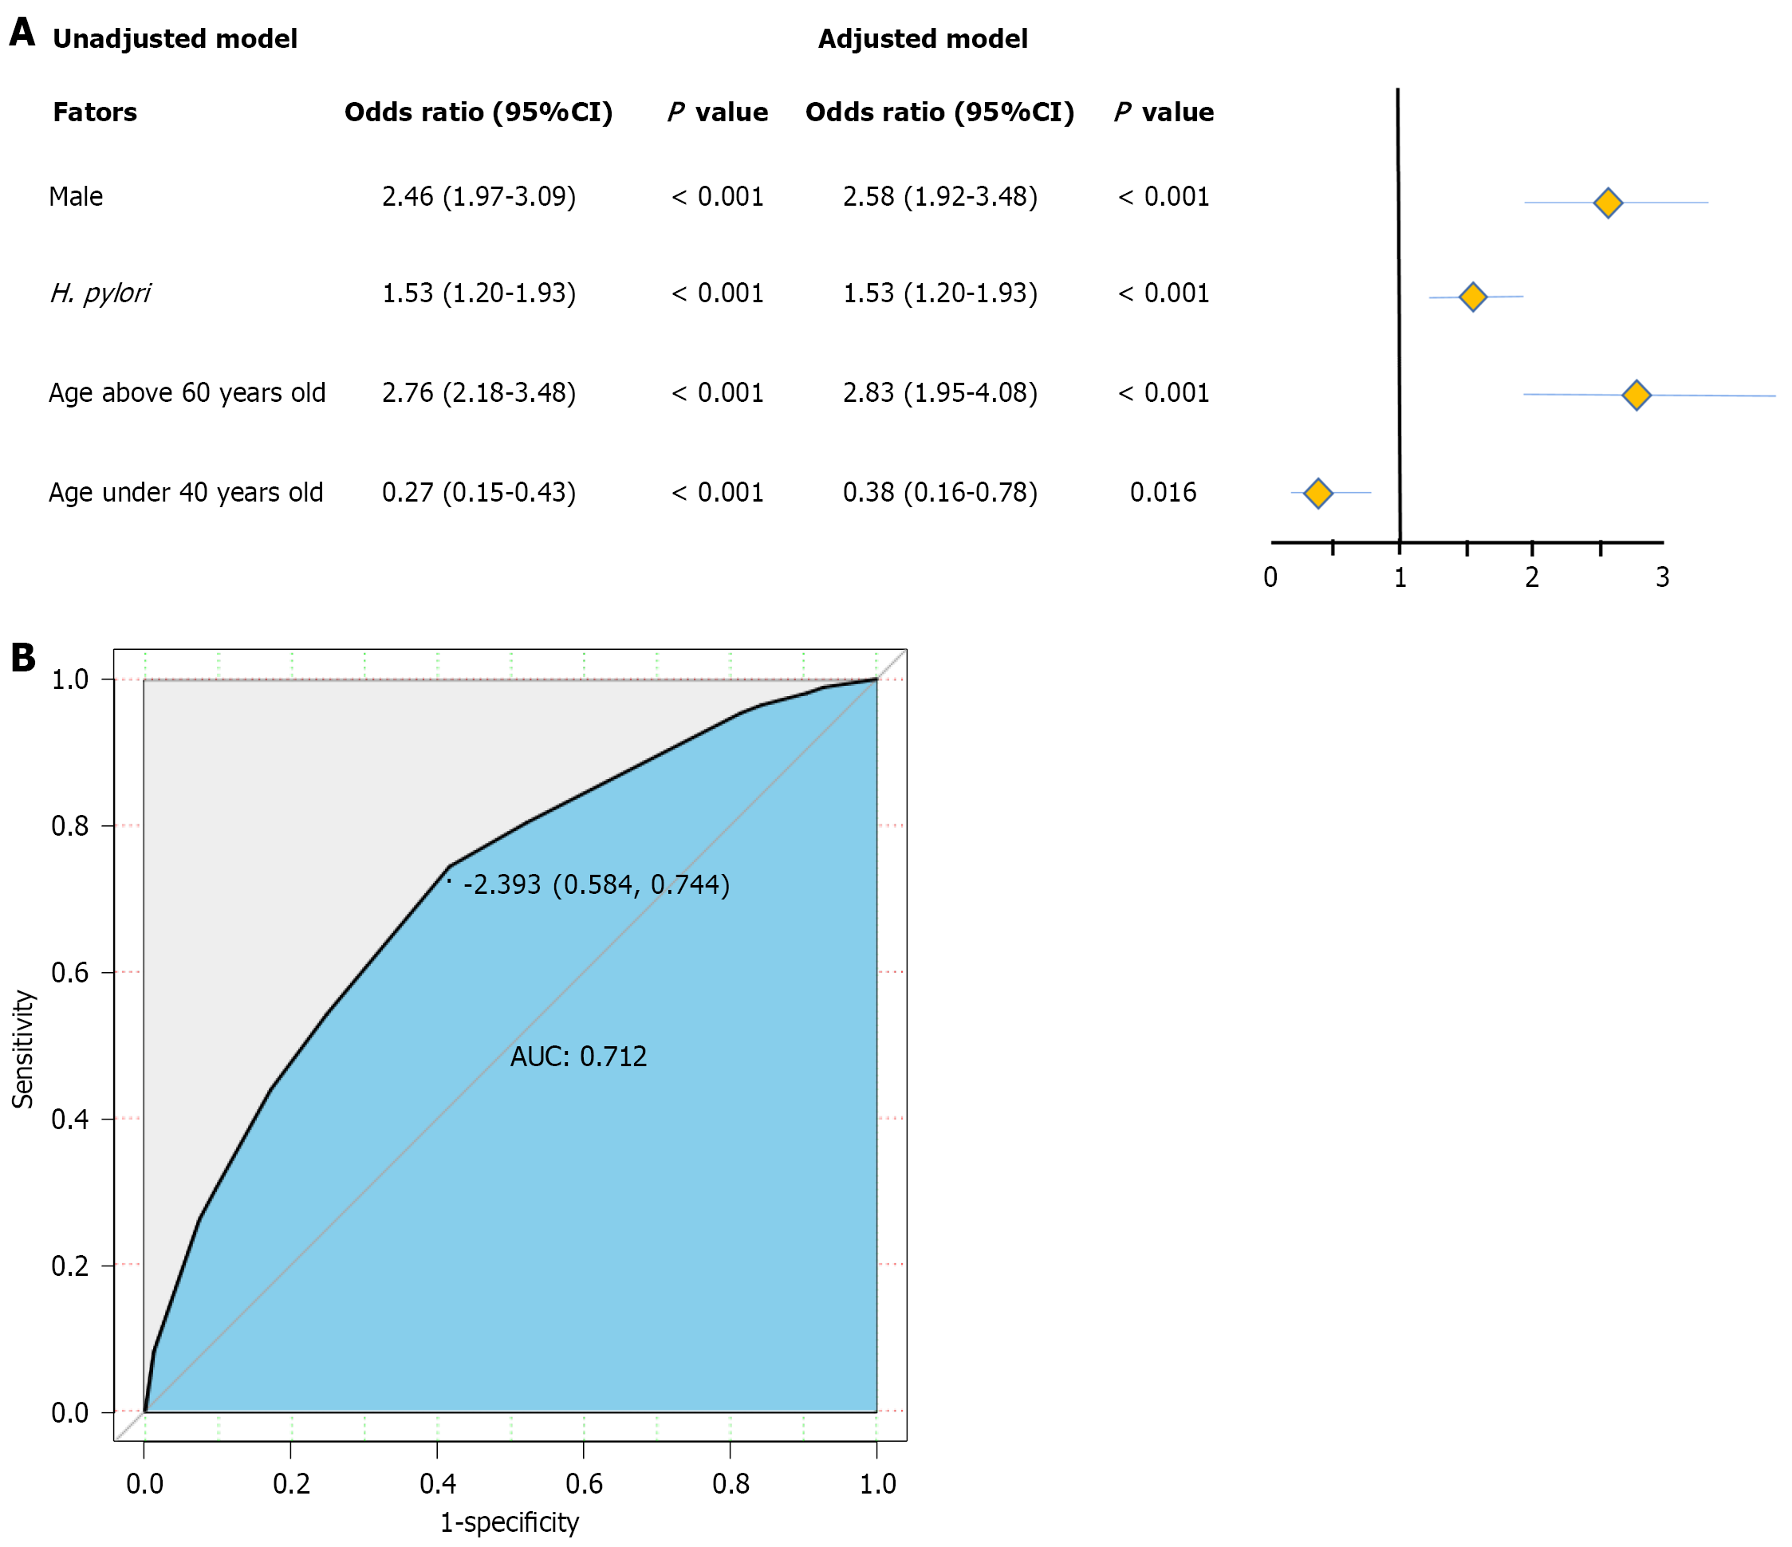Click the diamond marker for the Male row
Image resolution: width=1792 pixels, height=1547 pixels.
click(x=1607, y=203)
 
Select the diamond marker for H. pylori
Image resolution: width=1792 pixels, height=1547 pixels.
click(x=1472, y=297)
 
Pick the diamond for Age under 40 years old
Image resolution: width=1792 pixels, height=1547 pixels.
click(x=1317, y=494)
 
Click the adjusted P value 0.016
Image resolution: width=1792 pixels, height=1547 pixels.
click(x=1163, y=493)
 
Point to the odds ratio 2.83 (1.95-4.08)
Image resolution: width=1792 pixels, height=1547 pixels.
click(x=939, y=393)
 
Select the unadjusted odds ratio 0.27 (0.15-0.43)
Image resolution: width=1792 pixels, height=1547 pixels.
click(x=479, y=493)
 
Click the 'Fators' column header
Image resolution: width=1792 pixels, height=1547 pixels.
click(x=94, y=112)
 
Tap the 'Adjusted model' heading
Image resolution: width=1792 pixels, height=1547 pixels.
click(x=922, y=39)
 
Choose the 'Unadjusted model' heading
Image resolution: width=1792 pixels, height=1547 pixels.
click(x=175, y=39)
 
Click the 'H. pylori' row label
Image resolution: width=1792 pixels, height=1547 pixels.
click(x=100, y=294)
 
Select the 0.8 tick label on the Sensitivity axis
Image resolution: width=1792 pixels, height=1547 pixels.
click(x=70, y=827)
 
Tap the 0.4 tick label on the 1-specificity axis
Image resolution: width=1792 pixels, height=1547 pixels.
click(x=438, y=1484)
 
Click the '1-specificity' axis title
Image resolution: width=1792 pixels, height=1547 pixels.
click(x=510, y=1523)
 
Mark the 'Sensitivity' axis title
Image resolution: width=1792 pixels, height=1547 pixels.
click(x=23, y=1049)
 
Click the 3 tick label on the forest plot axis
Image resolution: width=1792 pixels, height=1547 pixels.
click(x=1661, y=577)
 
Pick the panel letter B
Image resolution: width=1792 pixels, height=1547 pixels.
click(x=23, y=658)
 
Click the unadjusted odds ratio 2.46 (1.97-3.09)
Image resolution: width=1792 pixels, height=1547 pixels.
click(x=479, y=197)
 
